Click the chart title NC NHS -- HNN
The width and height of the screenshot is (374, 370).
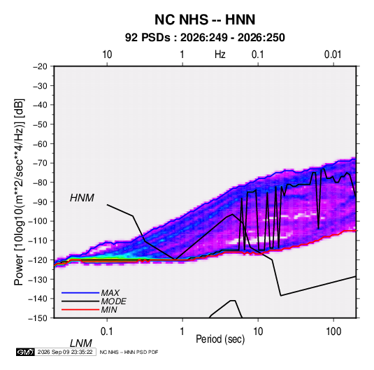[205, 20]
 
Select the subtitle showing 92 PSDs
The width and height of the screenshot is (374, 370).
[205, 38]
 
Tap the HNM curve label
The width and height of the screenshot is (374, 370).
[82, 198]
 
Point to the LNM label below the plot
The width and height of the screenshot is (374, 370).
[80, 343]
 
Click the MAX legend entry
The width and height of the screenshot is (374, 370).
[110, 292]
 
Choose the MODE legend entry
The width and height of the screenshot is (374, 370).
[113, 301]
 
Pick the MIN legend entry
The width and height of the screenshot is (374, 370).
[109, 310]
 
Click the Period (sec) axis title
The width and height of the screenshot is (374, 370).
[220, 339]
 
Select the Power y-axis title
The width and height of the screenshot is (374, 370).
[19, 192]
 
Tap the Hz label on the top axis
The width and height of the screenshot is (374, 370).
[220, 55]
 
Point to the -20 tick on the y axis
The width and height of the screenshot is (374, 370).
[40, 66]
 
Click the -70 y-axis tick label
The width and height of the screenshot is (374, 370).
[40, 163]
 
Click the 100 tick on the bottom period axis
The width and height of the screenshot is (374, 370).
[333, 332]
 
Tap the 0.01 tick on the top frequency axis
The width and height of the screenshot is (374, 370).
[333, 55]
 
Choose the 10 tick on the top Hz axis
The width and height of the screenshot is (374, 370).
[107, 55]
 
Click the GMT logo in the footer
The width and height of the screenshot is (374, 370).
[25, 352]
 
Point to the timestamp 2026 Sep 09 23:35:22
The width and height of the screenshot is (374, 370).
[65, 352]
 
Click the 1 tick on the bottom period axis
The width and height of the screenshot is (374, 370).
[182, 332]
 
